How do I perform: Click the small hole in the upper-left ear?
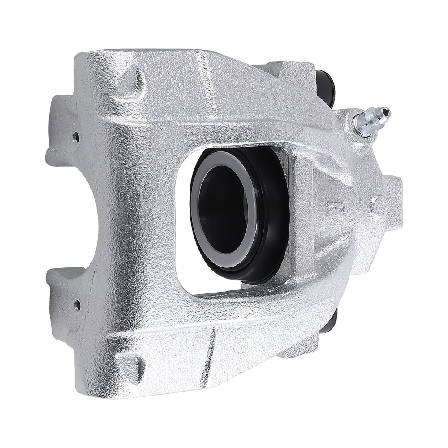coord(76,134)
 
